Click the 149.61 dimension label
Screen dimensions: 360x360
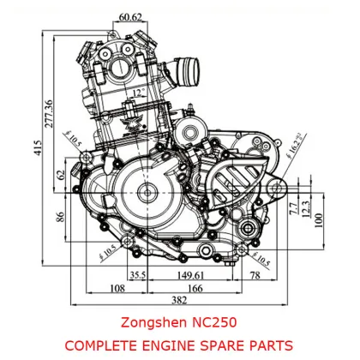pos(190,275)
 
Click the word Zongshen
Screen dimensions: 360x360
pos(147,323)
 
